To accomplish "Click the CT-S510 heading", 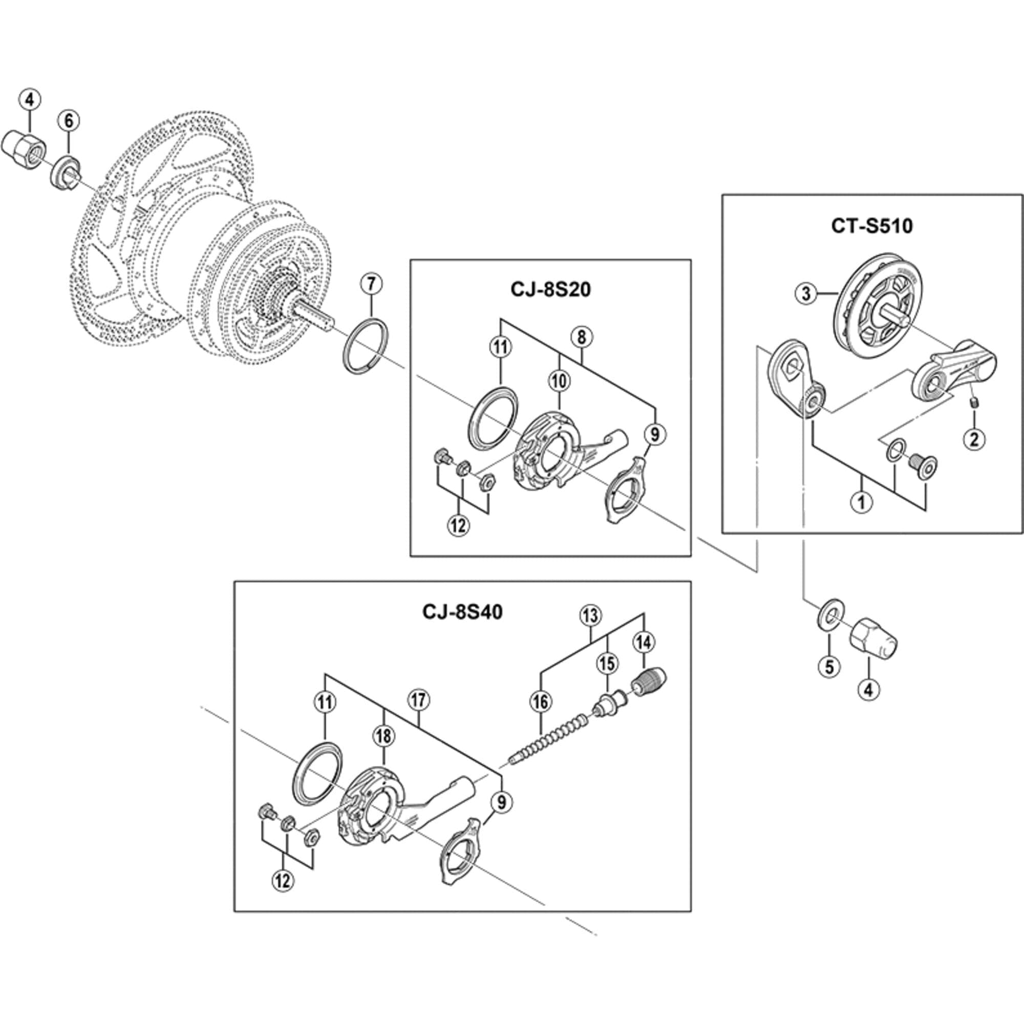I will tap(872, 226).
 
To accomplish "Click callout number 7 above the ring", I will tap(371, 284).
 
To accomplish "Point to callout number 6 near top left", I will tap(69, 121).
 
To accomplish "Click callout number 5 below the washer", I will tap(829, 667).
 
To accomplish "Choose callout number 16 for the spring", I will tap(540, 702).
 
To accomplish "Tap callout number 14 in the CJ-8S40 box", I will tap(644, 643).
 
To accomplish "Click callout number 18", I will tap(383, 736).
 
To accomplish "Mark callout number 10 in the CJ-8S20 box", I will tap(559, 380).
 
